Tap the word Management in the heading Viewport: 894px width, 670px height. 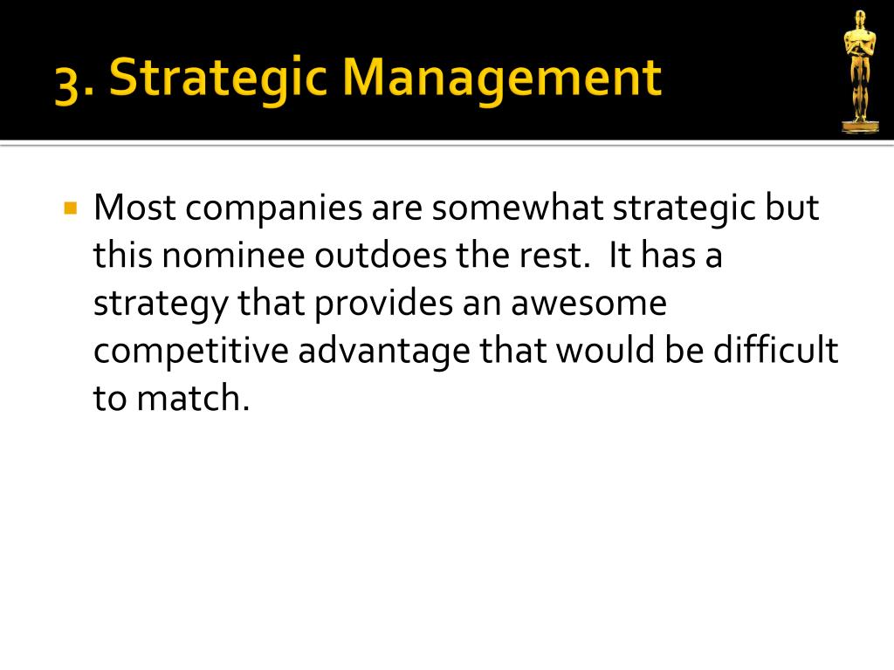[x=502, y=79]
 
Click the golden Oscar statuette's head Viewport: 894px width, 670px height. [x=860, y=17]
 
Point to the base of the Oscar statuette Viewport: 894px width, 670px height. [x=860, y=126]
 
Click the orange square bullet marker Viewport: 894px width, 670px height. [x=71, y=208]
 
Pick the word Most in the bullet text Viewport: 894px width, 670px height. [x=134, y=208]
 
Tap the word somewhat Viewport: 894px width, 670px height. [x=517, y=208]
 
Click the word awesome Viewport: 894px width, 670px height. [x=588, y=304]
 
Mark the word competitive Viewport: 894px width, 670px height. [x=191, y=352]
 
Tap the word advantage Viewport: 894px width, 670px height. [x=384, y=352]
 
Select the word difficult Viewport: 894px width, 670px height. [x=775, y=350]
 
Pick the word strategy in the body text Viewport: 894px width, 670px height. [x=161, y=304]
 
